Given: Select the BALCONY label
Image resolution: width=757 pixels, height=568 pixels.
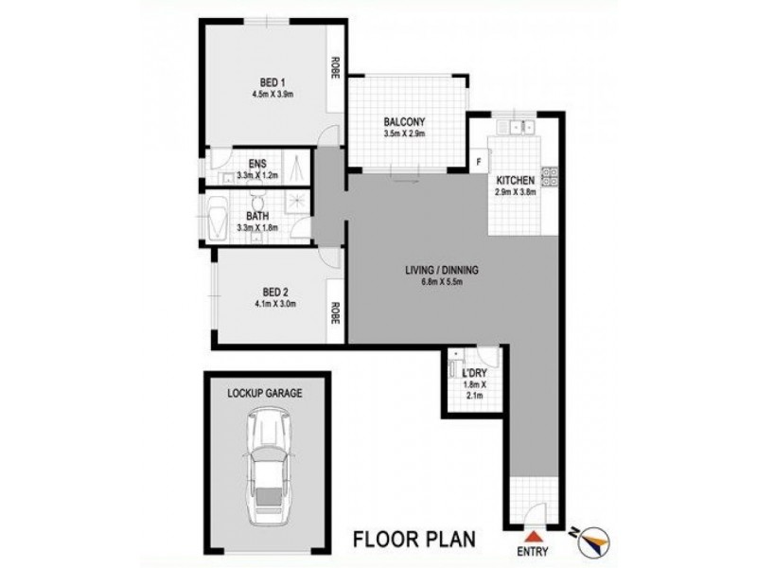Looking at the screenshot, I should coord(406,121).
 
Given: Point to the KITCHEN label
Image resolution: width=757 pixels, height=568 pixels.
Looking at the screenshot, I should coord(517,180).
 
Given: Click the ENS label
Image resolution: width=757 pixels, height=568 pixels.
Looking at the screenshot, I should coord(256,164).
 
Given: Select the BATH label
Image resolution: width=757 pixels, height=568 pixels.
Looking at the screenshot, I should coord(256,216).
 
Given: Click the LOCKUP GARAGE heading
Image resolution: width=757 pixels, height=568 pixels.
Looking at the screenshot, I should coord(265,393).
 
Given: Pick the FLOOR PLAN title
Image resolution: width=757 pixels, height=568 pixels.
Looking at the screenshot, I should coord(412,540).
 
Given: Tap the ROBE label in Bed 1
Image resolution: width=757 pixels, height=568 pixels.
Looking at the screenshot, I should coord(335,68).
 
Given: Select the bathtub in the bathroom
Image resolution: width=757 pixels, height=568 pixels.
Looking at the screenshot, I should coord(217,217).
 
